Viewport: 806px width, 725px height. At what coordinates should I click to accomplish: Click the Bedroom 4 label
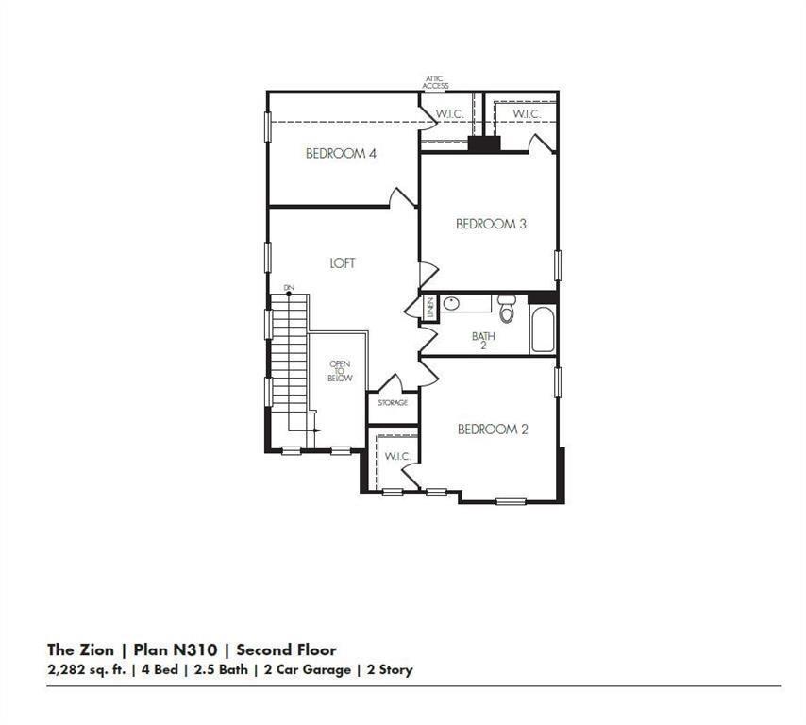pos(341,153)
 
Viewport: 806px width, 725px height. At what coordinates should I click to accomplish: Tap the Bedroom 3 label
pos(491,224)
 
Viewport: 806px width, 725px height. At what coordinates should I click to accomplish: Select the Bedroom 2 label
pos(493,429)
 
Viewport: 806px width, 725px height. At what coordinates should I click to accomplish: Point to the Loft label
pos(343,262)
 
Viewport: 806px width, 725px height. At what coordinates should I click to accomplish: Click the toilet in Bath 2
pos(506,309)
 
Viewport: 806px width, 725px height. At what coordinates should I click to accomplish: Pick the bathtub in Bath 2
pos(543,329)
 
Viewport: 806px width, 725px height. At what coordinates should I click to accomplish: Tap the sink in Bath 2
pos(451,303)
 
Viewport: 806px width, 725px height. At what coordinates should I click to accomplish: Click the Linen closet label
pos(429,307)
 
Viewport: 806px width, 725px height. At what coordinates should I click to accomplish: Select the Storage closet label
pos(393,402)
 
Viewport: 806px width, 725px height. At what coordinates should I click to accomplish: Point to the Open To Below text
pos(340,371)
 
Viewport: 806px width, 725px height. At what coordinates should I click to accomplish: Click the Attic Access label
pos(435,82)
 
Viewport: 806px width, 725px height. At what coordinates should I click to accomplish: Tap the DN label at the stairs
pos(289,287)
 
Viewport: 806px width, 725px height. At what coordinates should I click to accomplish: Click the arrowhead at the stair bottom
pos(317,430)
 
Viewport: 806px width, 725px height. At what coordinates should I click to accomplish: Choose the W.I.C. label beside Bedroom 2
pos(397,456)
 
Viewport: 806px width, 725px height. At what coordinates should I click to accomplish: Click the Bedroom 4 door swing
pos(402,198)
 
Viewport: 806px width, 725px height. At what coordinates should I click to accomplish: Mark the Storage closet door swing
pos(390,383)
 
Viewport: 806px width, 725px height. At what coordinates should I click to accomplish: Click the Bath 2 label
pos(484,341)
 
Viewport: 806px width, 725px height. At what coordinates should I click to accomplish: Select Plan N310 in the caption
pos(175,649)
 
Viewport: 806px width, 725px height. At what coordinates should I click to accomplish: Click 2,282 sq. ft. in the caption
pos(87,670)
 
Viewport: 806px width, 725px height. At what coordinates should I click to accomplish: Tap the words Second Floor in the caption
pos(286,649)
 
